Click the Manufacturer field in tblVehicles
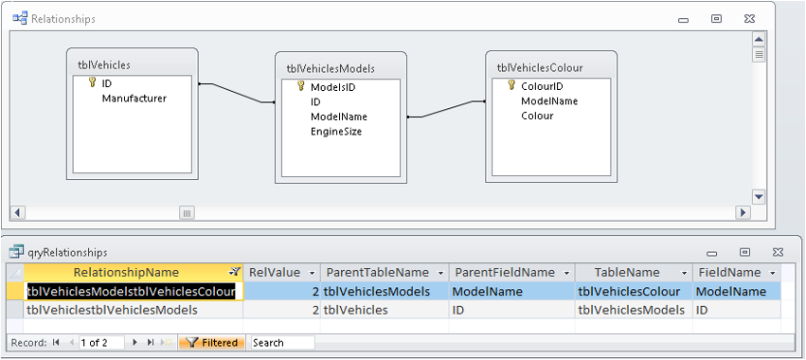click(134, 99)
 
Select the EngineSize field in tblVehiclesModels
click(336, 132)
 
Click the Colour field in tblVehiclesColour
click(537, 116)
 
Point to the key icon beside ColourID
click(511, 85)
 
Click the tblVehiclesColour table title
click(540, 68)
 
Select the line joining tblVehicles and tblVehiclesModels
click(237, 93)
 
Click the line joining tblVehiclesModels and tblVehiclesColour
click(446, 110)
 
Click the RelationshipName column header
click(126, 272)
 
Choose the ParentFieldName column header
click(505, 272)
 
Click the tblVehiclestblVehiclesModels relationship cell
click(112, 310)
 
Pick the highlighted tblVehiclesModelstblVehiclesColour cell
click(131, 292)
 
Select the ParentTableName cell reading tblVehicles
click(356, 310)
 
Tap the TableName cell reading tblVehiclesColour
click(629, 292)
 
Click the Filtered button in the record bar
click(212, 343)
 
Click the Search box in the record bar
click(282, 343)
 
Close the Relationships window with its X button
click(749, 19)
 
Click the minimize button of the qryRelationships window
click(711, 253)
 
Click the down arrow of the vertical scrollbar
click(759, 196)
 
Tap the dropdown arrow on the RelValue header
click(311, 273)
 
